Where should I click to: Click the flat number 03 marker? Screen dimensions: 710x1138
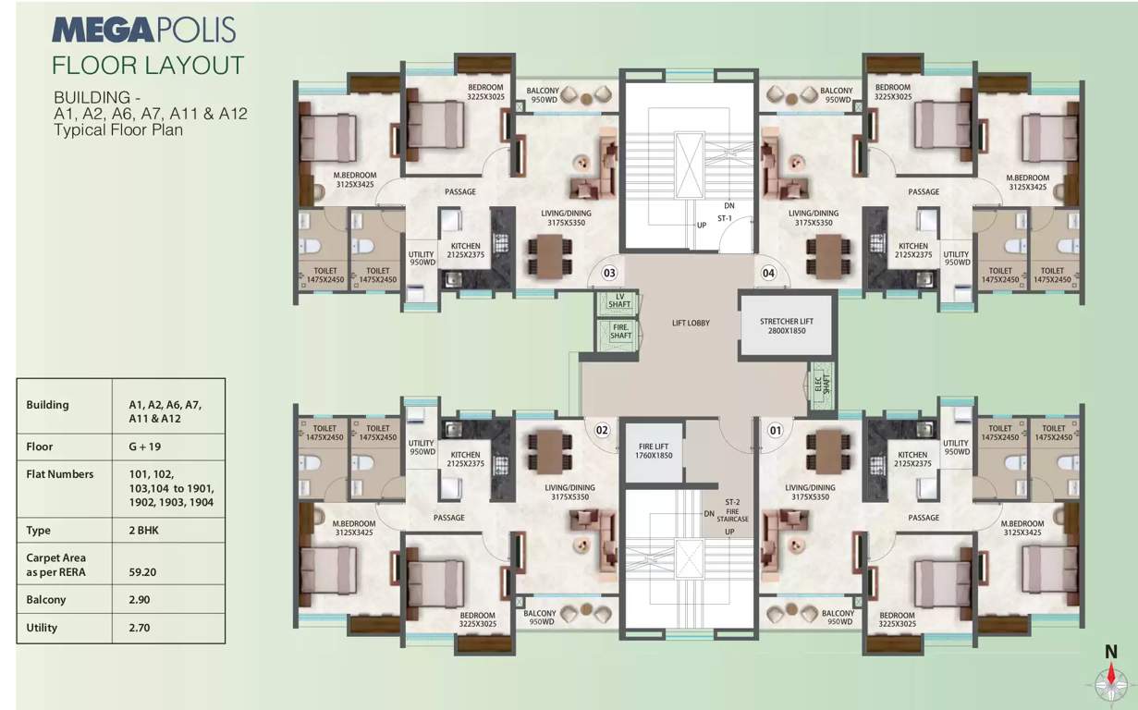609,273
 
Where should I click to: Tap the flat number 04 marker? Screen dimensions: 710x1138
768,273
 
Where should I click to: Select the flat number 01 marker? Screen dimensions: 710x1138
774,430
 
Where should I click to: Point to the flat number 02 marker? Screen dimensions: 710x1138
602,430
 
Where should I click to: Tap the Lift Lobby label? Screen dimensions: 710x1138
691,323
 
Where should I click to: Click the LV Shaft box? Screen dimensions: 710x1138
620,301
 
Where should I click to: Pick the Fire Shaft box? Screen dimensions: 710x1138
620,331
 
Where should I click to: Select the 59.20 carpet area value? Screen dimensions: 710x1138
143,572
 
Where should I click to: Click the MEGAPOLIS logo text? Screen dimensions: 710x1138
143,30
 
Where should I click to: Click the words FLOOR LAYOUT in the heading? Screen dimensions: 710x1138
148,66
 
